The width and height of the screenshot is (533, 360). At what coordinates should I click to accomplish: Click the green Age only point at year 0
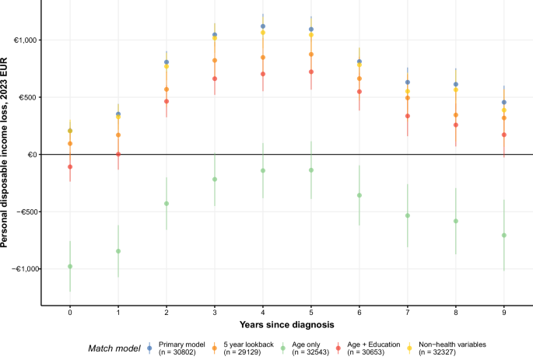[x=70, y=267]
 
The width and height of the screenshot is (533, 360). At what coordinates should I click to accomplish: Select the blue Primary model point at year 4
[x=263, y=26]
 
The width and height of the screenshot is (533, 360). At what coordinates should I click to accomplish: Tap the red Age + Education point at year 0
[x=70, y=166]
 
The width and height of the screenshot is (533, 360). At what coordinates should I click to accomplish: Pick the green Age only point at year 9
[x=504, y=235]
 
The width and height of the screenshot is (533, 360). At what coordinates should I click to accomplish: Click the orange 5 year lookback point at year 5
[x=311, y=54]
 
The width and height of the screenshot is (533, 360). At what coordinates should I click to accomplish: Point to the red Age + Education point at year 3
[x=215, y=79]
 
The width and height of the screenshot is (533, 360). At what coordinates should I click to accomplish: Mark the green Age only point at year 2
[x=167, y=204]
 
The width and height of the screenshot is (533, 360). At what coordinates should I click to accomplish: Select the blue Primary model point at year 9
[x=504, y=103]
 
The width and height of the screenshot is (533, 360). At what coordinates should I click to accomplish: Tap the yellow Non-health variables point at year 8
[x=456, y=90]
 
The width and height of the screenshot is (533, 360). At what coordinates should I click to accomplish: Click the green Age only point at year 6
[x=359, y=195]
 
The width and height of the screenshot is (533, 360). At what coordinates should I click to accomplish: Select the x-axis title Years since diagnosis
[x=287, y=324]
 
